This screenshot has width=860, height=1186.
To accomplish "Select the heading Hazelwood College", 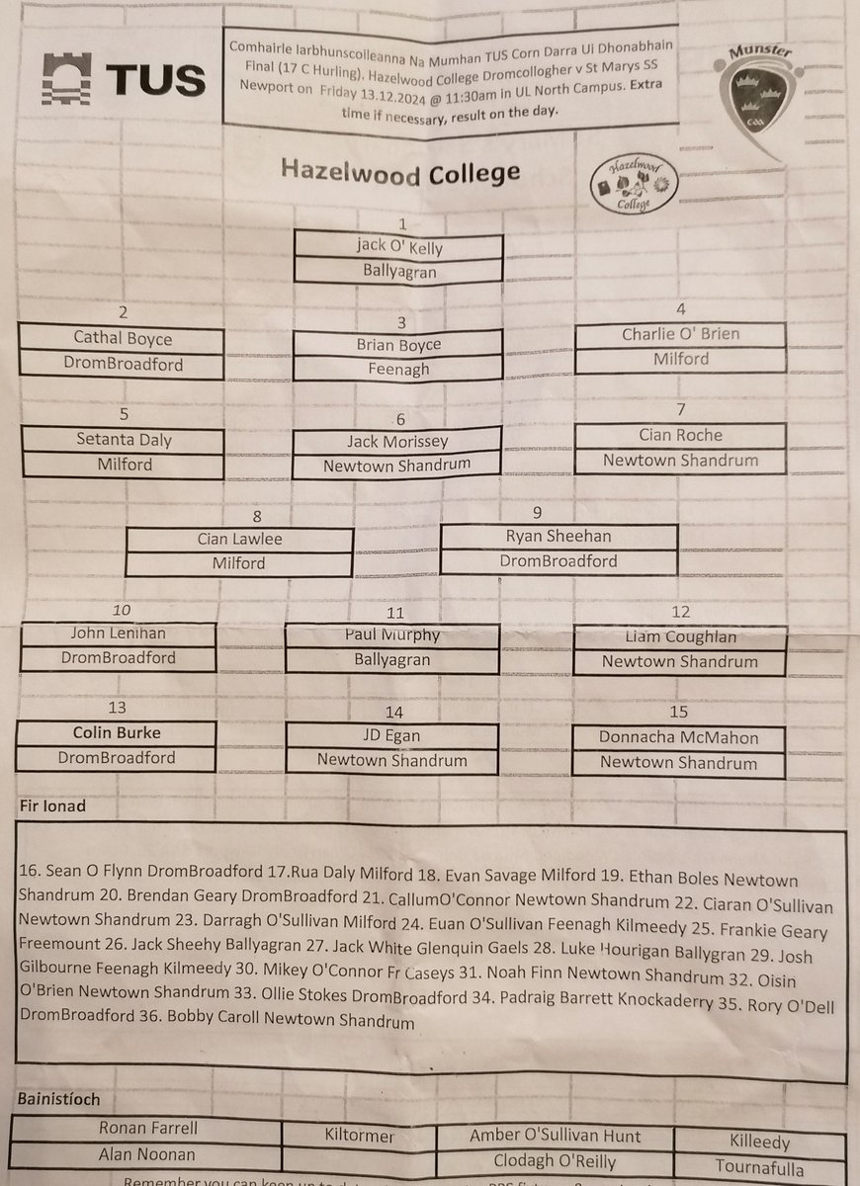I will point(399,171).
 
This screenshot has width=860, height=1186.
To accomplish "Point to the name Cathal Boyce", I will point(122,337).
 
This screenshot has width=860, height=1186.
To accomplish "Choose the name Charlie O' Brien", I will point(680,334).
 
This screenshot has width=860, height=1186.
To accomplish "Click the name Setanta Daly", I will point(123,439).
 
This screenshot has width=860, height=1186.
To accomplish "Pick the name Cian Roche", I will point(680,435).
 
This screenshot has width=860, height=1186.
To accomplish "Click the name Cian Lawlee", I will point(238,540).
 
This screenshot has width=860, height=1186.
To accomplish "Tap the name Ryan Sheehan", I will point(559,537).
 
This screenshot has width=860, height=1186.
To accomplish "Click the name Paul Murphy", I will point(391,635).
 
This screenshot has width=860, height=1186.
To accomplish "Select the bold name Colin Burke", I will point(116,733).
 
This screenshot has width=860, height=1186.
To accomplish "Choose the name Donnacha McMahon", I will point(679,737).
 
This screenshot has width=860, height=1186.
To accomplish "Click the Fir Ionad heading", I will point(52,806).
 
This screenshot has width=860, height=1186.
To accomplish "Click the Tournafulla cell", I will point(759,1167).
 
